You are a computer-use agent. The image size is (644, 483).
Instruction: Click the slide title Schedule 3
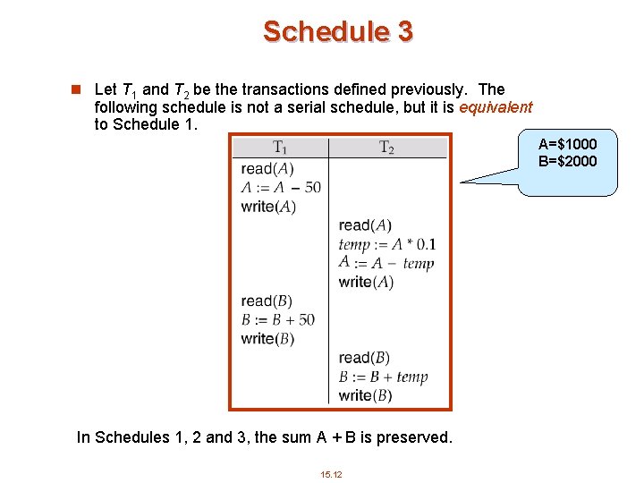(x=337, y=32)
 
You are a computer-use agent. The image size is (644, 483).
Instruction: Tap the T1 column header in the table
(x=279, y=148)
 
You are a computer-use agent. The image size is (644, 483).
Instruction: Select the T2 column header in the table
(x=386, y=148)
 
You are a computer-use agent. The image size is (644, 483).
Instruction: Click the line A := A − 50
(x=281, y=187)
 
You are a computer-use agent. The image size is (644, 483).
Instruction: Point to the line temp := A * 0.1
(x=387, y=244)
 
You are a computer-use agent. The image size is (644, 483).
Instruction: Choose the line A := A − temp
(x=386, y=263)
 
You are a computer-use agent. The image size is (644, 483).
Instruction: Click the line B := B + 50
(x=277, y=319)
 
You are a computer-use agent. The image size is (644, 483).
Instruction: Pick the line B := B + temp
(x=383, y=377)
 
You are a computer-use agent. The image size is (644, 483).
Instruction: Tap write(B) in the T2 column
(x=365, y=395)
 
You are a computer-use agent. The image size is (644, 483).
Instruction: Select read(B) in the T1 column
(x=267, y=301)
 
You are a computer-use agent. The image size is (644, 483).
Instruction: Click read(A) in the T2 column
(x=365, y=225)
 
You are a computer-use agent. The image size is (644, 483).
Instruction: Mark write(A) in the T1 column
(x=268, y=207)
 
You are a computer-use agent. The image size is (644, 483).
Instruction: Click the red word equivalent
(x=496, y=107)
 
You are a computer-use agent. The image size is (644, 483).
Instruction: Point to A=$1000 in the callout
(x=567, y=144)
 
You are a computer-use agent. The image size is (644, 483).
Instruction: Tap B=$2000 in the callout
(x=567, y=161)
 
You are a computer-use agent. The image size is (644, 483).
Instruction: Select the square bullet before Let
(x=77, y=89)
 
